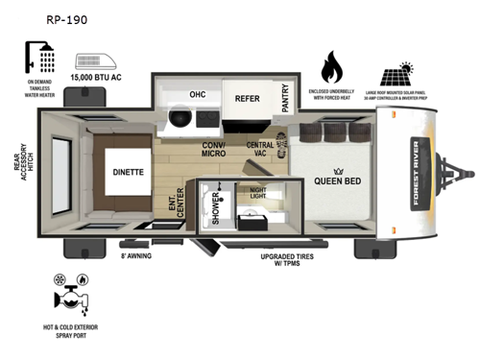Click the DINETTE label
tap(130, 174)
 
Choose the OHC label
tap(198, 95)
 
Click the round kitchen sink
tap(179, 117)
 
